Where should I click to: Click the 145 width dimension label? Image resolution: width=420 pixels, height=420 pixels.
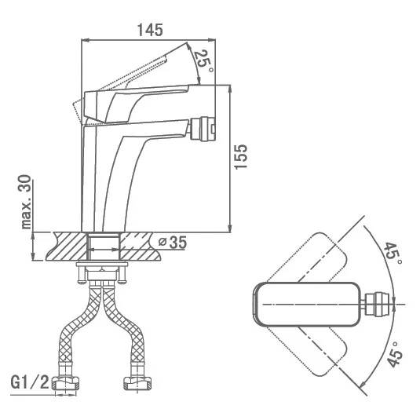pyautogui.click(x=150, y=30)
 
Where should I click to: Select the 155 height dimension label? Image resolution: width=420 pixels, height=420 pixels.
pyautogui.click(x=240, y=157)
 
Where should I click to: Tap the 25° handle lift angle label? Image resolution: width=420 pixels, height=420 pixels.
pyautogui.click(x=203, y=61)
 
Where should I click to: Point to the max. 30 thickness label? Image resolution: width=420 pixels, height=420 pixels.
pyautogui.click(x=26, y=202)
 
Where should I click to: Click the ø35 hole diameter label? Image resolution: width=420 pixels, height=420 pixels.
pyautogui.click(x=172, y=243)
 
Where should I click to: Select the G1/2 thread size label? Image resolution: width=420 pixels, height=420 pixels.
pyautogui.click(x=30, y=382)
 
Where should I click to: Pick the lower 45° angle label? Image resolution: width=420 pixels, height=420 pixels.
pyautogui.click(x=395, y=354)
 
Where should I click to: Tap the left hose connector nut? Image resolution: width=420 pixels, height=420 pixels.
pyautogui.click(x=66, y=383)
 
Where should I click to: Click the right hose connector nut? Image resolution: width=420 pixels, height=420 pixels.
pyautogui.click(x=137, y=383)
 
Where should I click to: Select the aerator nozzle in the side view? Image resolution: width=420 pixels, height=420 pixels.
pyautogui.click(x=203, y=128)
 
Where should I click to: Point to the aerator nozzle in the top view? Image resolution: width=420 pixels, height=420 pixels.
pyautogui.click(x=377, y=304)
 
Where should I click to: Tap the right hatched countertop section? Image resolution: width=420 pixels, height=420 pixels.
pyautogui.click(x=139, y=247)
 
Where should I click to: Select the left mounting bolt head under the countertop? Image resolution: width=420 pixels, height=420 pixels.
pyautogui.click(x=81, y=281)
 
